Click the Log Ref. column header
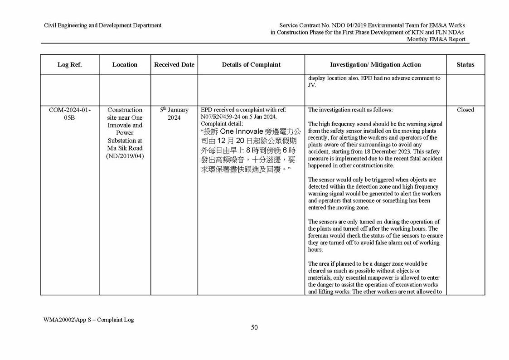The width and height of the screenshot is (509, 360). point(69,65)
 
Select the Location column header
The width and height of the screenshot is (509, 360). point(125,65)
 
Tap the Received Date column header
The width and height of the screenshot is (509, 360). point(174,65)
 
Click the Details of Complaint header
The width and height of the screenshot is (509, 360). point(251,65)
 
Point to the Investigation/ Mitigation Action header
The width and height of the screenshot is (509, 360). point(375,65)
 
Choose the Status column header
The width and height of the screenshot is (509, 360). point(465,65)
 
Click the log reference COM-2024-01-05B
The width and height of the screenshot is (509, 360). point(69,114)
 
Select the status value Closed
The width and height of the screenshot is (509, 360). point(465,110)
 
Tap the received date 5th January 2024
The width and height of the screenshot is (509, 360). point(174,114)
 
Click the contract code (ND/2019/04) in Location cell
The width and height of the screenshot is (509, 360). point(125,156)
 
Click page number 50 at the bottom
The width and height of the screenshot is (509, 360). point(254,327)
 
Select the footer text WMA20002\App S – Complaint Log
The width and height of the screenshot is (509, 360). point(88,320)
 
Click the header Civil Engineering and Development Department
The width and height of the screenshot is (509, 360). point(102,25)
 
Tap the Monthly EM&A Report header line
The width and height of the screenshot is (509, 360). point(436,39)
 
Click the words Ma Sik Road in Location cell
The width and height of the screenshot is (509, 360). point(125,148)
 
